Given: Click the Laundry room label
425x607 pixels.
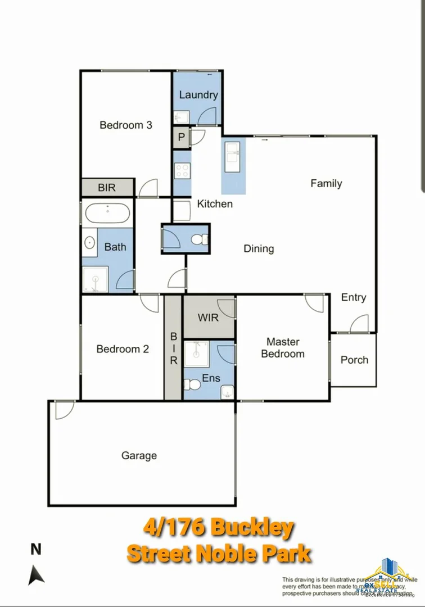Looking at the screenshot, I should click(x=198, y=94).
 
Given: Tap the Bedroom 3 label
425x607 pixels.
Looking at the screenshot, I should click(x=126, y=125).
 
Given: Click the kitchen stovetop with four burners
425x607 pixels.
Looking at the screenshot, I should click(x=182, y=170).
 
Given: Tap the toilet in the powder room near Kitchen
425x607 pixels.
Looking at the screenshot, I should click(x=198, y=240).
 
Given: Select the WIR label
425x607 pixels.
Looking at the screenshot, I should click(x=208, y=317).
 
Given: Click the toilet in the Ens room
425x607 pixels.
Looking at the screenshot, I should click(x=191, y=386).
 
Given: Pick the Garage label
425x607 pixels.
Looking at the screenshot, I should click(x=139, y=455).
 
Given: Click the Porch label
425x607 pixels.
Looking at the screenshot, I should click(x=354, y=360).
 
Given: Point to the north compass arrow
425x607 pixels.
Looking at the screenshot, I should click(x=37, y=573).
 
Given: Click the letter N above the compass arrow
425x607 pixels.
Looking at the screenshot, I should click(x=36, y=549).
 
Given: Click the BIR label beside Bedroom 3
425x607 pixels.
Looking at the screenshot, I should click(x=107, y=188).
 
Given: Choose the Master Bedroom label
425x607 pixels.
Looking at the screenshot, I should click(x=283, y=348).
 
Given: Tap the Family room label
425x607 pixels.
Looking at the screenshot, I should click(x=326, y=183).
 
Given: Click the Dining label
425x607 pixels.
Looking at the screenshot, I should click(x=259, y=248).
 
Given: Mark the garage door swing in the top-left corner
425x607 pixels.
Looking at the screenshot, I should click(x=63, y=410).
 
